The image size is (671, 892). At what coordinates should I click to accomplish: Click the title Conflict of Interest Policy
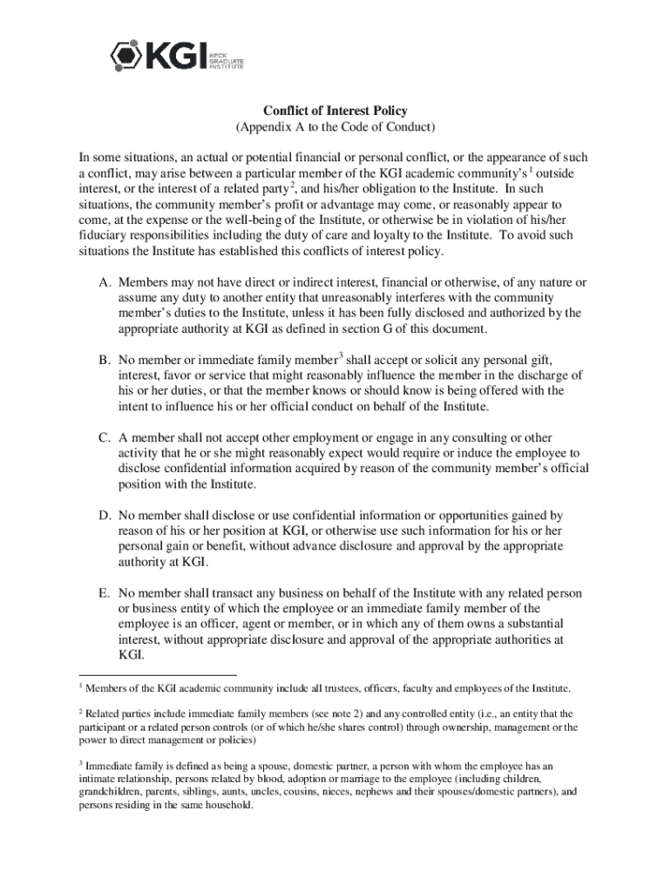335,111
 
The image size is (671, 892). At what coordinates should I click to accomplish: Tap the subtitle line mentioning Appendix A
335,127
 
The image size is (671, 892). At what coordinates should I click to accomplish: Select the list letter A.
104,283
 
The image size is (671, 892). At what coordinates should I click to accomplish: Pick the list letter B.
104,360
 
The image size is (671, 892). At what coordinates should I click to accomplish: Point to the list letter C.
104,437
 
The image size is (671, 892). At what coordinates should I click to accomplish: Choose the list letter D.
104,515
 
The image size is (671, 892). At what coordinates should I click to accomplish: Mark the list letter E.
104,592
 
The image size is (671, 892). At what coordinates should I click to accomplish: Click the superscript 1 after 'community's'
532,169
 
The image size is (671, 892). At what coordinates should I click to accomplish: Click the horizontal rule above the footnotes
157,673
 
